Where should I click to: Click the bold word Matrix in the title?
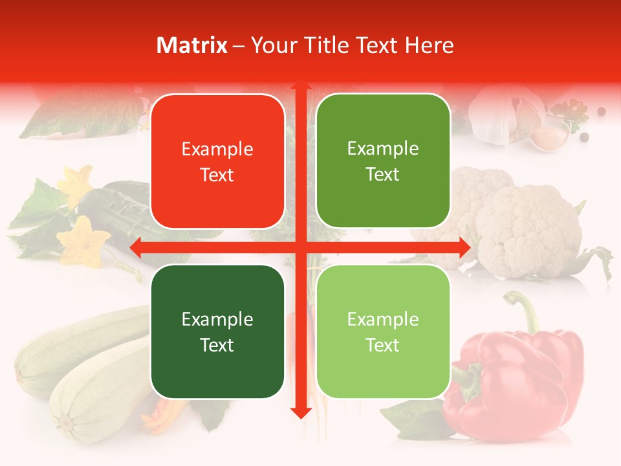tap(192, 45)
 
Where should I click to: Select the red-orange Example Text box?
tap(217, 161)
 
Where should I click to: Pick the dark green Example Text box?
tap(217, 331)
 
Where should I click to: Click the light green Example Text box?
tap(383, 331)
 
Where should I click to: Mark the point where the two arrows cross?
tap(300, 247)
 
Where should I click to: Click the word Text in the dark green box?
tap(217, 345)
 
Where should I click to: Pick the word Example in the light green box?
tap(383, 318)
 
